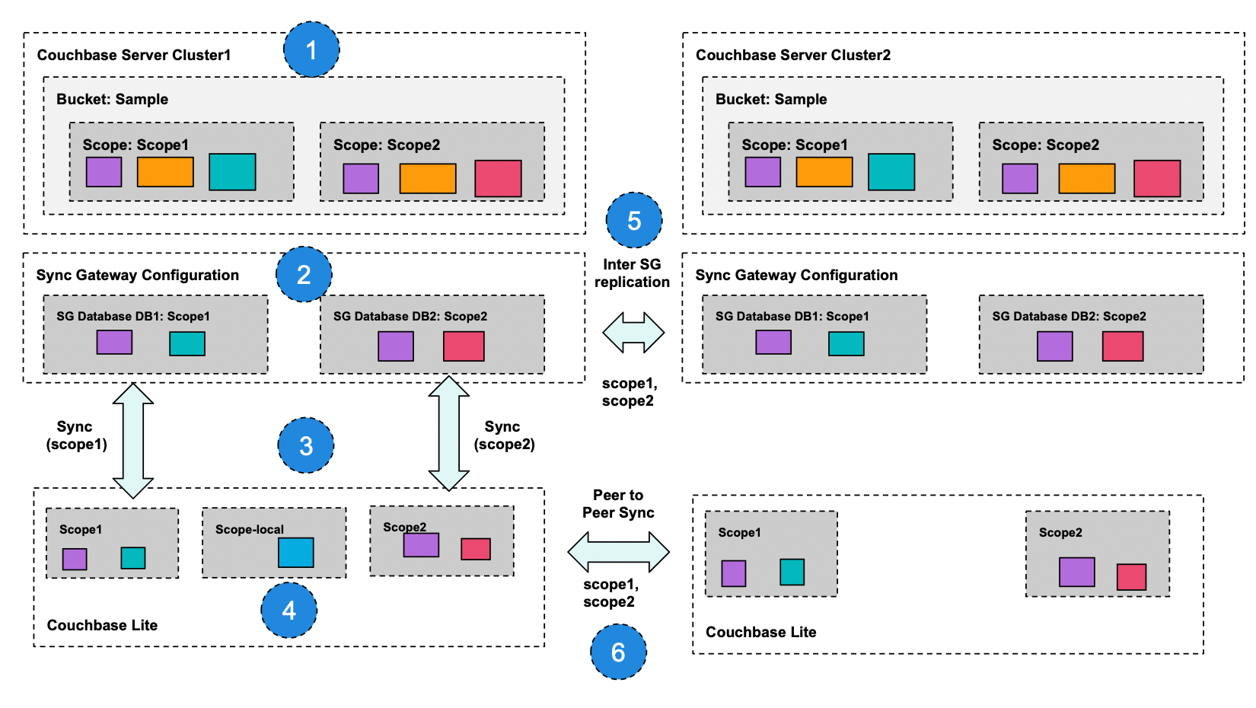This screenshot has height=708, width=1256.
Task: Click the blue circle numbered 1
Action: tap(311, 49)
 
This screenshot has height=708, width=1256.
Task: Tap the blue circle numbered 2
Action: tap(304, 274)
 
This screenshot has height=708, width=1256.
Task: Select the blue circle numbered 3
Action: tap(306, 445)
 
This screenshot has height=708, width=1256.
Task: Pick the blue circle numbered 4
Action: tap(288, 610)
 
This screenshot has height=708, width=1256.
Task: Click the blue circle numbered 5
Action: tap(634, 221)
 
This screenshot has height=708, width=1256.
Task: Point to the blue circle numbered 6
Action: tap(618, 652)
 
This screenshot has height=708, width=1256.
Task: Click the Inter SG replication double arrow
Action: tap(633, 333)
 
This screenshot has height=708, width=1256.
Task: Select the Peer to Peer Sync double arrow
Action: tap(618, 552)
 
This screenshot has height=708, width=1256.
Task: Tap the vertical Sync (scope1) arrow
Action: tap(133, 440)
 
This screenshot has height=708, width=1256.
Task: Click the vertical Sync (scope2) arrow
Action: tap(448, 432)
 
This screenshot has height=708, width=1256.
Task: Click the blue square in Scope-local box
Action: tap(295, 553)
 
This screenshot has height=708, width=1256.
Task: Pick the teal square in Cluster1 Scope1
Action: tap(232, 171)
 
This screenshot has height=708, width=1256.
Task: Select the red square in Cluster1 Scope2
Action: tap(498, 178)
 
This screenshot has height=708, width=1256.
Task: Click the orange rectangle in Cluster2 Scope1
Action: tap(824, 171)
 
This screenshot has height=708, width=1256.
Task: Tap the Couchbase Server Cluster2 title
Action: tap(792, 55)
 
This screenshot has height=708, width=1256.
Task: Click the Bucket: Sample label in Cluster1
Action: tap(112, 99)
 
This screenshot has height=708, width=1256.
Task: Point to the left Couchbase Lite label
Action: tap(102, 625)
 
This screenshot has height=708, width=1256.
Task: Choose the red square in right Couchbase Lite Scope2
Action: tap(1131, 576)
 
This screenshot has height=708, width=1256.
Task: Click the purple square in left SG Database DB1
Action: tap(114, 342)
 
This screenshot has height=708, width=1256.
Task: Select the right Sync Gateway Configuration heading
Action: tap(796, 275)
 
